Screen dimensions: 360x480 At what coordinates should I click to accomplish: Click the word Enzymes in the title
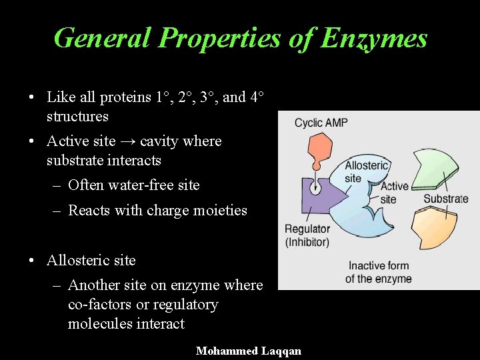pos(373,38)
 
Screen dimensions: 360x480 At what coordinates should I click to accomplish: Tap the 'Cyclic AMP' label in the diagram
pos(321,123)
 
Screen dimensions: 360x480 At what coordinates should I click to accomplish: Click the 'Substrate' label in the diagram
pos(446,199)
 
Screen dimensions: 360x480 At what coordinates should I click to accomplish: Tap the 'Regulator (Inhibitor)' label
pos(307,235)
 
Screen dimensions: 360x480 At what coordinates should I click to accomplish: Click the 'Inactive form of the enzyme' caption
pos(379,273)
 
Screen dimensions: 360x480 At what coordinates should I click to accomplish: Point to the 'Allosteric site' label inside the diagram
pos(365,171)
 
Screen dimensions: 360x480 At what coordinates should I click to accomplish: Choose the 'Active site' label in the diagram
pos(393,193)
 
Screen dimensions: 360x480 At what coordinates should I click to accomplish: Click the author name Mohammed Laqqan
pos(249,351)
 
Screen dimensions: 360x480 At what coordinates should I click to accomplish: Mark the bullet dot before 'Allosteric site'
pos(32,261)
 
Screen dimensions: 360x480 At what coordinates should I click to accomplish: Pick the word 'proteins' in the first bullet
pos(125,97)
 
